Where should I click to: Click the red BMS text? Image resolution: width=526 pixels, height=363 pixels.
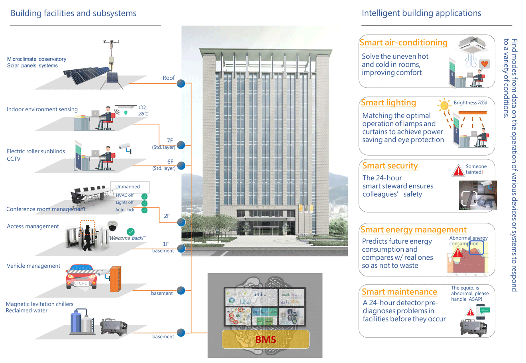tap(265, 339)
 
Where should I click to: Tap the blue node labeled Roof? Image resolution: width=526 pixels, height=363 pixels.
tap(181, 83)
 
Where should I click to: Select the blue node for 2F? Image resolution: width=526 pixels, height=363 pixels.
tap(181, 222)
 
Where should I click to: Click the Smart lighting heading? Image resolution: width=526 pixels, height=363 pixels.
tap(389, 103)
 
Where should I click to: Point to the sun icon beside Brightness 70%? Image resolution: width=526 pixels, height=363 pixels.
tap(444, 105)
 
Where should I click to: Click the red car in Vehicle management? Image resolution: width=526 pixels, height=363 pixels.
tap(81, 277)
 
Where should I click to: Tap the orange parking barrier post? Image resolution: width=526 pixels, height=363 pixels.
tap(116, 279)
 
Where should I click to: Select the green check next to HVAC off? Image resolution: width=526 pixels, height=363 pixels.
tap(144, 196)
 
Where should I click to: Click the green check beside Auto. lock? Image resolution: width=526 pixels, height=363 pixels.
tap(144, 210)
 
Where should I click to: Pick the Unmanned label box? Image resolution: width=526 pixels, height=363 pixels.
tap(130, 187)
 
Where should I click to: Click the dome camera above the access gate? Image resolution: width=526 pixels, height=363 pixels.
tap(112, 226)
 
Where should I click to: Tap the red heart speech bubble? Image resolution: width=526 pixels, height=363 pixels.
tap(485, 64)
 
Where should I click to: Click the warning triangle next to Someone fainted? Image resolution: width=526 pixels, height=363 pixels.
tap(458, 170)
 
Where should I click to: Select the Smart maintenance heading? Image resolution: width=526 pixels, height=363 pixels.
tap(399, 292)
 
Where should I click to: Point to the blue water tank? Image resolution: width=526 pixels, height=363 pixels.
tap(76, 321)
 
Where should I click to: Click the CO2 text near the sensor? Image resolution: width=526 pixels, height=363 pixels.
tap(143, 108)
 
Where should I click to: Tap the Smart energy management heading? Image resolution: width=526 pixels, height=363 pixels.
tap(414, 229)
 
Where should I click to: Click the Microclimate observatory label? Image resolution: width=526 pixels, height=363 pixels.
tap(37, 59)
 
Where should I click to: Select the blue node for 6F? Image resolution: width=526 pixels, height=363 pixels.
tap(181, 166)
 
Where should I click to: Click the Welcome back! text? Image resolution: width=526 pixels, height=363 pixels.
tap(127, 238)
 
